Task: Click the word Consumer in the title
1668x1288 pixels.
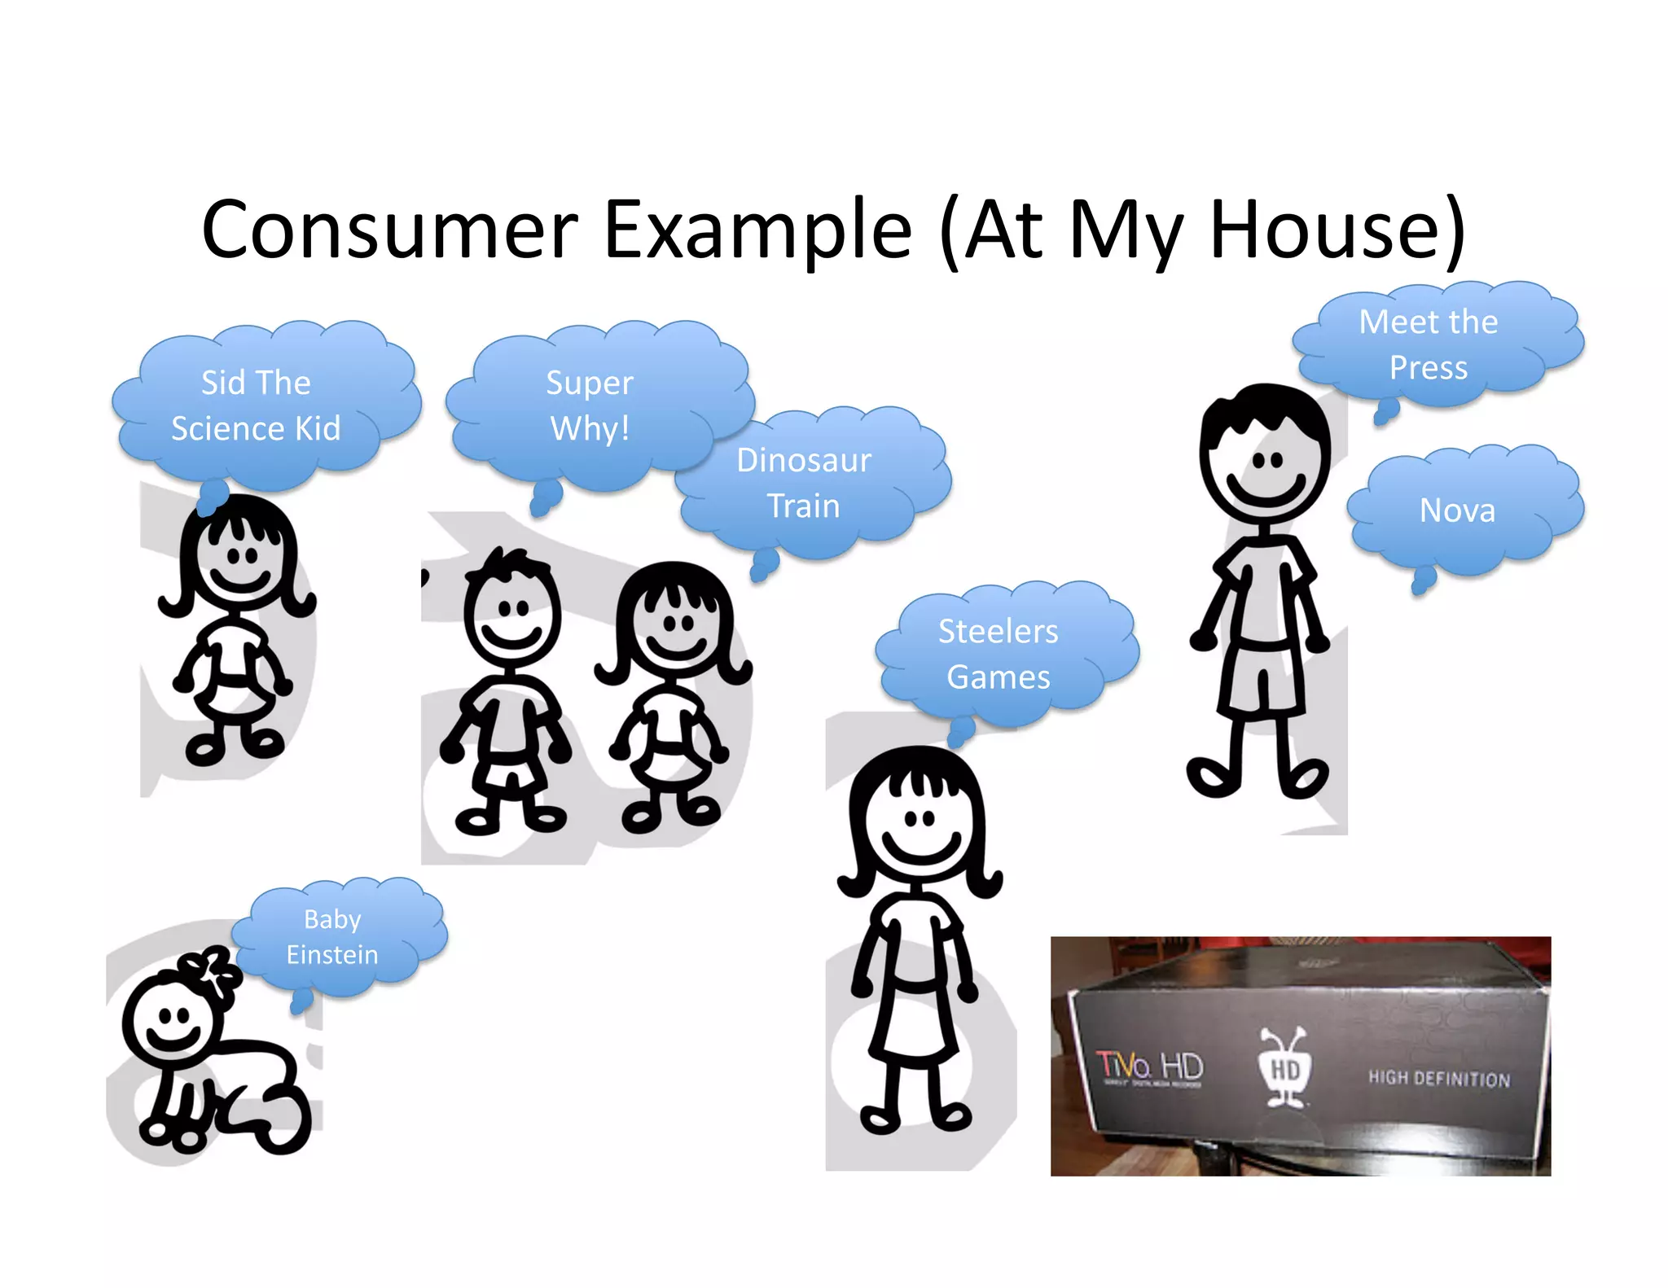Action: coord(389,230)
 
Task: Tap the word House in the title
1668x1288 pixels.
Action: coord(1337,230)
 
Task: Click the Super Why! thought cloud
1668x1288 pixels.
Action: coord(590,405)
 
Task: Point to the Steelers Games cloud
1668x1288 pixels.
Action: coord(999,654)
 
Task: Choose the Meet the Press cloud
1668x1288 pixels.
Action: coord(1429,344)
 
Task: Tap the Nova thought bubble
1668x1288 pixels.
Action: coord(1458,510)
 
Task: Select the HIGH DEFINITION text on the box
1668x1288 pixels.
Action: coord(1439,1078)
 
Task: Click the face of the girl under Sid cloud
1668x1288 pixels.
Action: coord(240,562)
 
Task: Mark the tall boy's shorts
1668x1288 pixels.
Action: coord(1262,680)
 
